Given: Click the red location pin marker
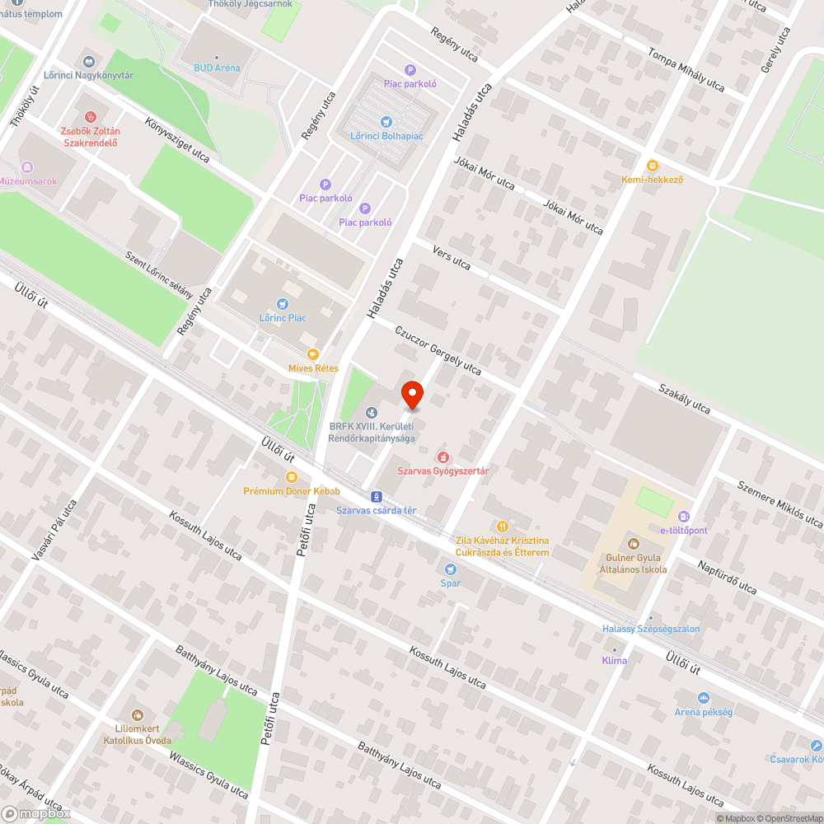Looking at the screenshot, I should (411, 394).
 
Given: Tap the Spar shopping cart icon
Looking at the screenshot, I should (450, 569).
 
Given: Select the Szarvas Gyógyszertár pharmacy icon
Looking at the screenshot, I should (443, 456).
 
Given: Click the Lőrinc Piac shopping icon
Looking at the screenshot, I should (283, 304).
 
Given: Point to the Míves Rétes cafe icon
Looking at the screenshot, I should (312, 353).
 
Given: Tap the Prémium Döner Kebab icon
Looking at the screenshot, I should (291, 477).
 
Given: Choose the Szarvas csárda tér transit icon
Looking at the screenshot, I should (376, 496).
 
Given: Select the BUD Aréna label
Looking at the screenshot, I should (217, 68).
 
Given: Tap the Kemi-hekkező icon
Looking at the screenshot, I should (653, 165).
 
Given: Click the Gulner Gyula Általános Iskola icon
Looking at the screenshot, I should (633, 543).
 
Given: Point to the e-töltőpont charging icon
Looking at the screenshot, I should (683, 516).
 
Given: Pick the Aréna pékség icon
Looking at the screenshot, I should (703, 698).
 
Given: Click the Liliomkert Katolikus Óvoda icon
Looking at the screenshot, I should (137, 715).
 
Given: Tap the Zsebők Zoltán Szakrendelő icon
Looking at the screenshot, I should (91, 117).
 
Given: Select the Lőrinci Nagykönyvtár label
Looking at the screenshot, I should (88, 76).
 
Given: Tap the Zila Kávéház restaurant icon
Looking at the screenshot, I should (502, 527).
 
